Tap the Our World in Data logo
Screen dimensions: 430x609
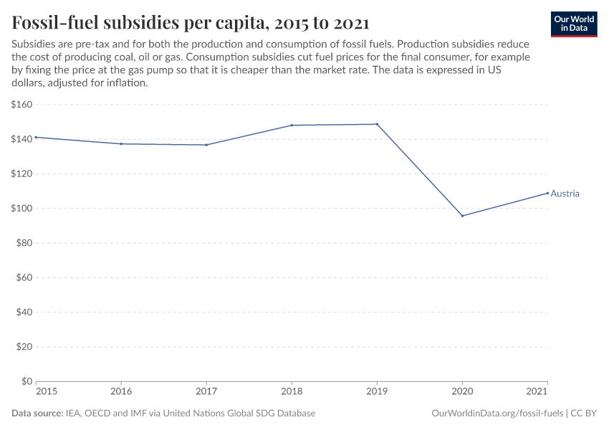(x=573, y=24)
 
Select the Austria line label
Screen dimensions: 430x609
(x=565, y=193)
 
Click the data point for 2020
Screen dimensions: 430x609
(x=462, y=216)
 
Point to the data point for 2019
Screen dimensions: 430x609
(x=377, y=124)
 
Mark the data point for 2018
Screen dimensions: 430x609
(x=292, y=125)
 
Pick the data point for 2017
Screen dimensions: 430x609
(x=206, y=145)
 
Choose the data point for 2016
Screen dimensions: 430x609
(x=121, y=144)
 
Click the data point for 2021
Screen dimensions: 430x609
(x=547, y=193)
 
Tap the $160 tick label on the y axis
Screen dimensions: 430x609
(x=21, y=105)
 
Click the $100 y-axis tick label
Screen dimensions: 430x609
(x=21, y=209)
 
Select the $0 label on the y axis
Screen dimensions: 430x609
(x=27, y=381)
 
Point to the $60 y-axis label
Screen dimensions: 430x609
(x=24, y=277)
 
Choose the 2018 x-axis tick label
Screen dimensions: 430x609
(x=292, y=392)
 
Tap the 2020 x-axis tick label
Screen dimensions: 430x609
(x=462, y=392)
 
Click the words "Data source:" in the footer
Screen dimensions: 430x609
(x=37, y=414)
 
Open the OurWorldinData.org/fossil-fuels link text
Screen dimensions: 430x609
(x=497, y=414)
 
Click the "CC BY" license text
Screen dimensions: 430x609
(x=583, y=414)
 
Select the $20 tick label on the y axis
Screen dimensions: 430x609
(x=24, y=347)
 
